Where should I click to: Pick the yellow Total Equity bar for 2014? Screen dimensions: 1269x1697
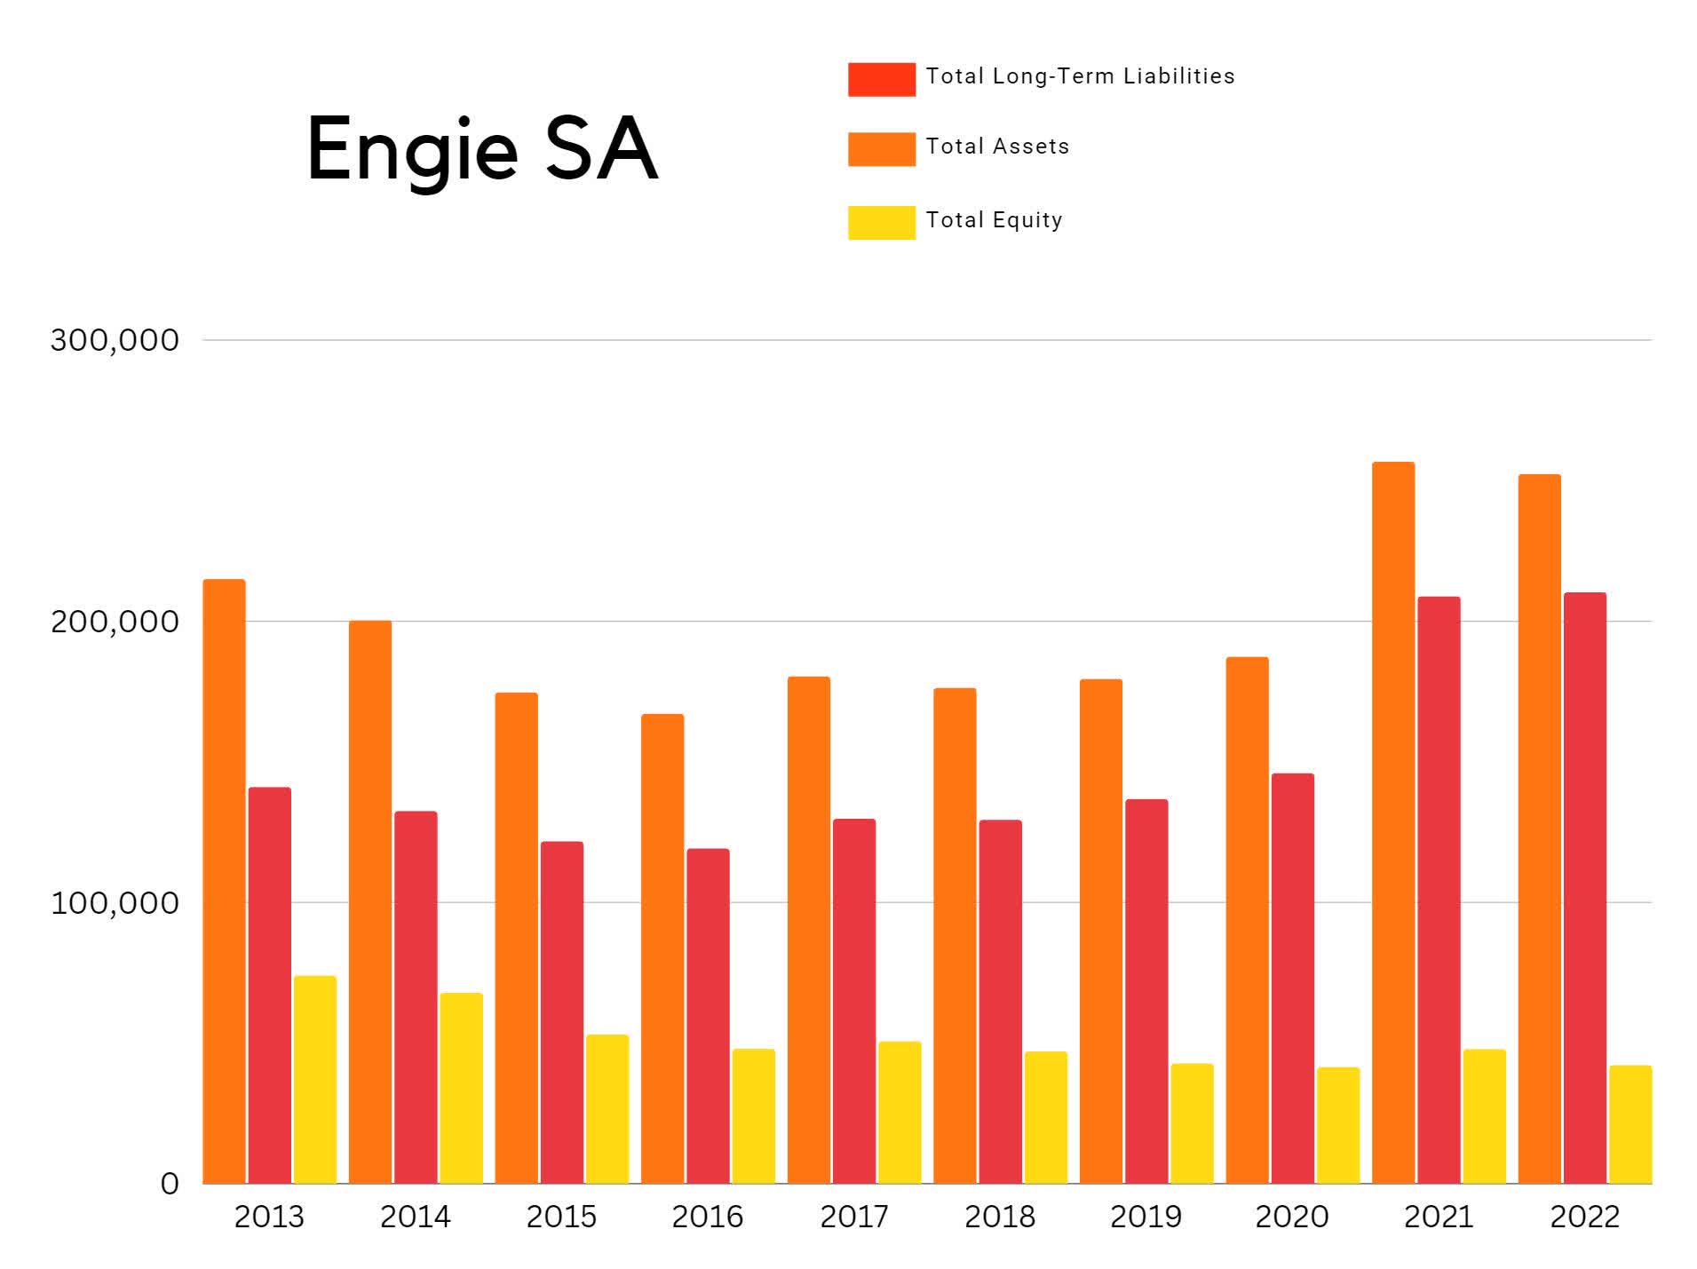[461, 1087]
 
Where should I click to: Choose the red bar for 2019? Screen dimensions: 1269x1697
[1146, 990]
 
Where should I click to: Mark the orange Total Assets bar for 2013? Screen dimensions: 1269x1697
[224, 880]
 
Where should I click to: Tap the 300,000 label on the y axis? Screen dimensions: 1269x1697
[115, 340]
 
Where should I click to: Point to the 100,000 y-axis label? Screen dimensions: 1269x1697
[115, 903]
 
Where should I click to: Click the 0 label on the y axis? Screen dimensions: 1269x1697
[169, 1184]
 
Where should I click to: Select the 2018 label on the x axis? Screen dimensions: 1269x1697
[999, 1217]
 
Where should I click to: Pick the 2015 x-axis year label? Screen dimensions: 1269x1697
[561, 1217]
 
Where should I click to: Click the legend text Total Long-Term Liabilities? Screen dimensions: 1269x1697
[1079, 76]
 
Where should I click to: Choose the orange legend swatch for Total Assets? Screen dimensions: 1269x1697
[881, 149]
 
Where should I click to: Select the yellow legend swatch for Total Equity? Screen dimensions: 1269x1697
[881, 222]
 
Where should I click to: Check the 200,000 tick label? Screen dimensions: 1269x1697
[115, 622]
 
